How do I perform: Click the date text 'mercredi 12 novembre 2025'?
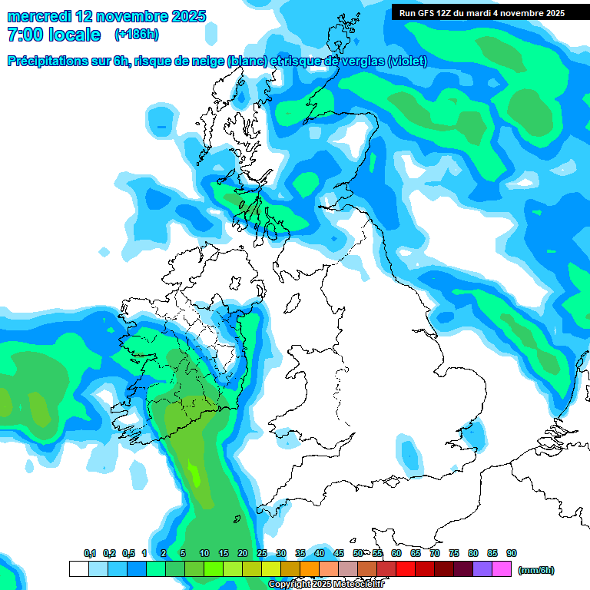coord(106,16)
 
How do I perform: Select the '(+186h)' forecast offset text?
coord(136,35)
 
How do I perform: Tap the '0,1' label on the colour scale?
coord(90,554)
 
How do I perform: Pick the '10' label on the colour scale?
coord(204,554)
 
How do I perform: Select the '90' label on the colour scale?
coord(512,554)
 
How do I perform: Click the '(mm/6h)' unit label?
coord(535,570)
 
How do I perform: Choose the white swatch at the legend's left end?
coord(78,569)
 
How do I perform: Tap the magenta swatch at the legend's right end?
coord(502,569)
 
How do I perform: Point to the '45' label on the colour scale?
coord(339,554)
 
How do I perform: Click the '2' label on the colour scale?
coord(164,554)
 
